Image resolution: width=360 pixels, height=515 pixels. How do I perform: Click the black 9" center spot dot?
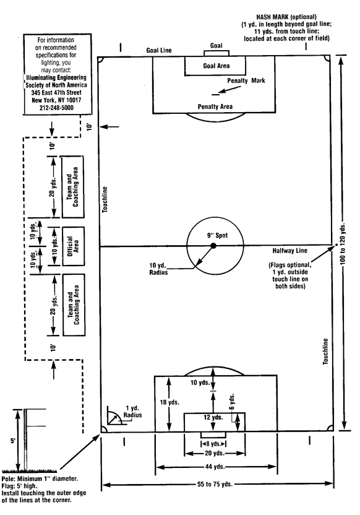(213, 245)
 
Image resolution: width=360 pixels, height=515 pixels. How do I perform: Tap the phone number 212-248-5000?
(56, 108)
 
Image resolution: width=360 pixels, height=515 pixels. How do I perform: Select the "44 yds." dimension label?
(215, 466)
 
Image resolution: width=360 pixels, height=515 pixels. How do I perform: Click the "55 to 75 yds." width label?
(215, 484)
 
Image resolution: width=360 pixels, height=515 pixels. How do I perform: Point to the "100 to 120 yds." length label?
(343, 244)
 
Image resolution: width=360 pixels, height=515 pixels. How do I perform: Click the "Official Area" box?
(73, 246)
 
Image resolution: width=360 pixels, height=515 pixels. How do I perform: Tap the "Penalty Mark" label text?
(246, 80)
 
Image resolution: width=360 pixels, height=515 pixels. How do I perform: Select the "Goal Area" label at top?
(216, 66)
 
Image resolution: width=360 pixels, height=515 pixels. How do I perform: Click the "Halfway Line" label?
(289, 251)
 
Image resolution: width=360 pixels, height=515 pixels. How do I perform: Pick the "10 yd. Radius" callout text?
(158, 269)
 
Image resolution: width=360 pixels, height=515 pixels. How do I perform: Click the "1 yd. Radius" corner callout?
(132, 412)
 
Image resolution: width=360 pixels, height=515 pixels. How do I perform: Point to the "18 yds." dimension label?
(169, 402)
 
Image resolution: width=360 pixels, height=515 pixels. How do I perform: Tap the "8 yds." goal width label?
(213, 444)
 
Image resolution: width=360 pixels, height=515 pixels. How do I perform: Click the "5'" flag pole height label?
(12, 441)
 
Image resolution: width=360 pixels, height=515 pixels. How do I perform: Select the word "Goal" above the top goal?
(216, 46)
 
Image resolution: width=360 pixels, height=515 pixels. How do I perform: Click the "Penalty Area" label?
(215, 106)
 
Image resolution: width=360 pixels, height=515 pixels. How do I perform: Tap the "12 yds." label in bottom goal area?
(213, 417)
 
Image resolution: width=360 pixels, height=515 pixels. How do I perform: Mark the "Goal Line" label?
(159, 50)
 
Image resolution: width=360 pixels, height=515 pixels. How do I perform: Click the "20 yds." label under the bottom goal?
(214, 453)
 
